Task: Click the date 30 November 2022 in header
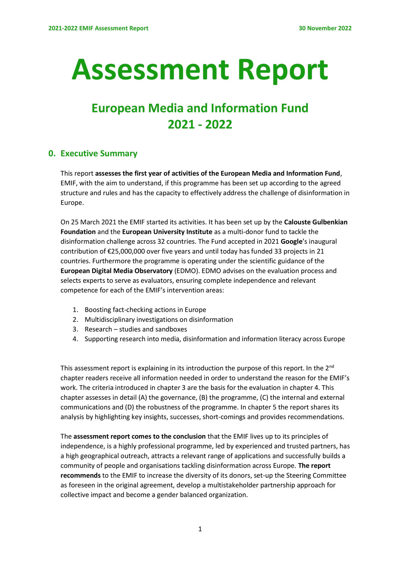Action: [x=325, y=28]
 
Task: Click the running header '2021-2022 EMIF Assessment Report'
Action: [x=98, y=28]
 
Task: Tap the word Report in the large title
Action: [x=282, y=70]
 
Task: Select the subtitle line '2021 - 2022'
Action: [x=200, y=125]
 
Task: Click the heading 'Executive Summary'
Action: [x=99, y=154]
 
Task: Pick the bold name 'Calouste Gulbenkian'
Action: [x=316, y=222]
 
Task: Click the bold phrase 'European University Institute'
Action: [x=167, y=232]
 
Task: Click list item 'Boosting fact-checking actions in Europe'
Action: [x=145, y=310]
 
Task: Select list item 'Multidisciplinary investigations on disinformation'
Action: [x=159, y=320]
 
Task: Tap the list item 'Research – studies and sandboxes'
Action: [x=136, y=329]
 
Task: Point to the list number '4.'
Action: [x=75, y=339]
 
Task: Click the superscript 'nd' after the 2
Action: [x=331, y=366]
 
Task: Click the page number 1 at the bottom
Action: [x=200, y=529]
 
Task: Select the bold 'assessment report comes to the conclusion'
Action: [x=139, y=437]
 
